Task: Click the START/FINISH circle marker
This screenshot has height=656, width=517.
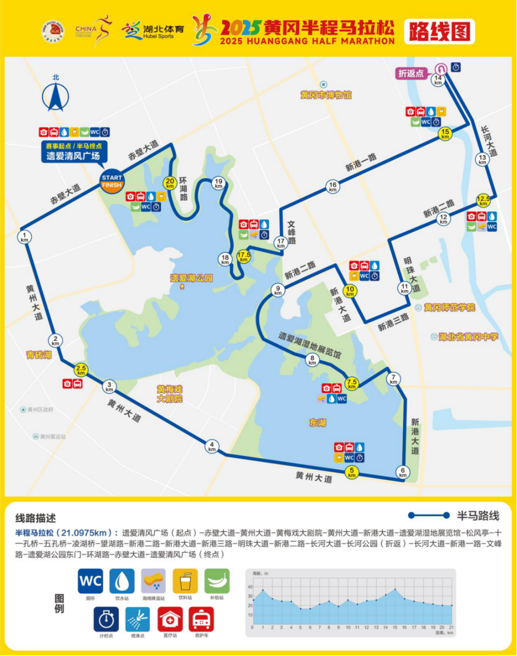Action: coord(112,181)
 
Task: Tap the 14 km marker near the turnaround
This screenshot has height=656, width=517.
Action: coord(438,80)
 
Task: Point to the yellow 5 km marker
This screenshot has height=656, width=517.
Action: coord(352,472)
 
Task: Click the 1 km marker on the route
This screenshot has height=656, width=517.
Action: coord(24,237)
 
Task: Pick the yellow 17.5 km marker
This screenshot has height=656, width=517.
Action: coord(244,257)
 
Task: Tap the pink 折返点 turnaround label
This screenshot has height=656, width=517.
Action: coord(411,73)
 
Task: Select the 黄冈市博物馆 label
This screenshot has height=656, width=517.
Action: coord(326,95)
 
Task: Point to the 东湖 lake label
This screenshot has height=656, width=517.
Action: coord(318,423)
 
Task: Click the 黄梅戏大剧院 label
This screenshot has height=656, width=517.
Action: coord(170,394)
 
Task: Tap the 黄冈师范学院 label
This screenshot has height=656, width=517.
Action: coord(449,307)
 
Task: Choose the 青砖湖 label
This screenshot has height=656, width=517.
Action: coord(39,355)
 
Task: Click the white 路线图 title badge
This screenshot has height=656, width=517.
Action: coord(439,32)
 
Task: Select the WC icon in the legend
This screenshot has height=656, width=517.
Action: coord(91,581)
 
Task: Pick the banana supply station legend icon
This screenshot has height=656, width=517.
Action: coord(217,581)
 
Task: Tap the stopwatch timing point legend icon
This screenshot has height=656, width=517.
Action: coord(107,620)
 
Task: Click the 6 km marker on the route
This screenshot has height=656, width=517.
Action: coord(402,472)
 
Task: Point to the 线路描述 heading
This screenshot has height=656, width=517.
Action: coord(36,518)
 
